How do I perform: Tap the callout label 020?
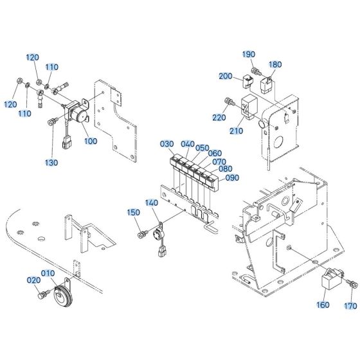click(33, 281)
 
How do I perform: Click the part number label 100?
click(91, 140)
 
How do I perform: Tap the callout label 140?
click(151, 203)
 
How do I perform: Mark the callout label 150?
click(133, 213)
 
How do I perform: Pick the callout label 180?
click(274, 64)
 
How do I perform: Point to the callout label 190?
click(249, 54)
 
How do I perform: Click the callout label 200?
click(226, 76)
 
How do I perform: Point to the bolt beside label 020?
click(44, 294)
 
